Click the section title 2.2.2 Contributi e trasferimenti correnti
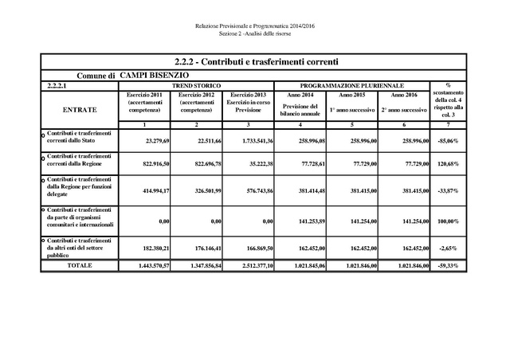[255, 61]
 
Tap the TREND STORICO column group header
[197, 84]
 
